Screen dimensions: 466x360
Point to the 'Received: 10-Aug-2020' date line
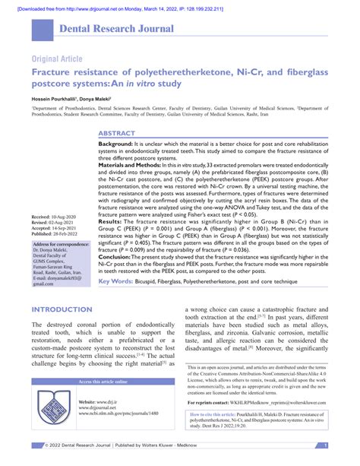coord(54,196)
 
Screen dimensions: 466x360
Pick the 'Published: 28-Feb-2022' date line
coord(55,214)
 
